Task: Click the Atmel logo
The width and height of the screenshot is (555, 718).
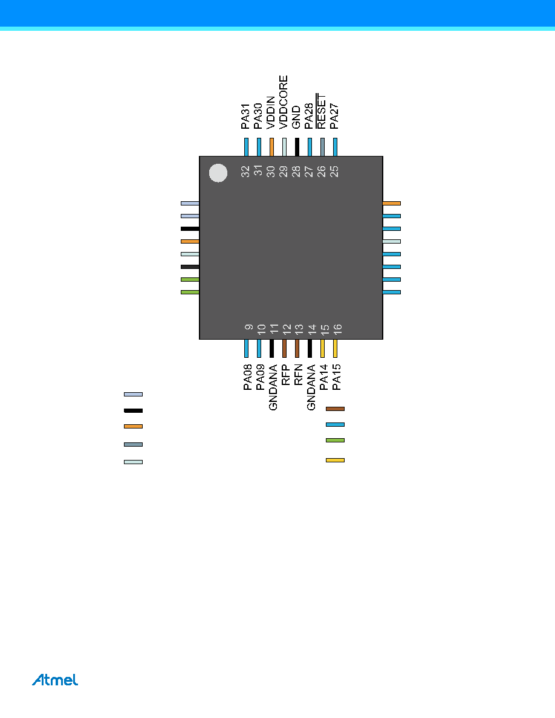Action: tap(55, 679)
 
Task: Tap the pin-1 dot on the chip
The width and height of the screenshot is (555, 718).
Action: tap(218, 173)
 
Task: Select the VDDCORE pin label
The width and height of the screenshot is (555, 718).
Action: tap(284, 102)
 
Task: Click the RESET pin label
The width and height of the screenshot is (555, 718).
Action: tap(321, 111)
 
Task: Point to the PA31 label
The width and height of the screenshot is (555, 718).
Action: tap(245, 116)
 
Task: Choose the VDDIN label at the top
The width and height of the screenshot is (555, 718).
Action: tap(271, 112)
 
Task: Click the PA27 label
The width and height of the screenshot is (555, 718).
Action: tap(334, 116)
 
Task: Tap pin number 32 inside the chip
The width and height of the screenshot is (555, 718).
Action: tap(245, 171)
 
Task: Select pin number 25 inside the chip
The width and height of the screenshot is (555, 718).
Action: tap(334, 171)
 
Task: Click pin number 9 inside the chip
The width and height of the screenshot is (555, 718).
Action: tap(248, 327)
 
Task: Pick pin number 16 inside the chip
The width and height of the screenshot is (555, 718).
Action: tap(337, 328)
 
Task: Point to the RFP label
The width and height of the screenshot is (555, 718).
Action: tap(285, 375)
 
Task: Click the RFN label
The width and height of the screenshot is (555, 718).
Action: tap(298, 375)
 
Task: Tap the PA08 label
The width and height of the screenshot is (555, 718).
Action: tap(247, 377)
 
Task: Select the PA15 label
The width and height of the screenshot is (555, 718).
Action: tap(336, 377)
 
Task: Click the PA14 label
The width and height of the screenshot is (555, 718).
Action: tap(323, 377)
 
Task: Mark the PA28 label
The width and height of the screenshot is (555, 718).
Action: tap(309, 116)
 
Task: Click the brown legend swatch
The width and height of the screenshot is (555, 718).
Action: tap(335, 409)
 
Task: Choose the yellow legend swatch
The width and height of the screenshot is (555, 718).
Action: tap(335, 460)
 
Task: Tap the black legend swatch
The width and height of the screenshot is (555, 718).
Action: tap(133, 411)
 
